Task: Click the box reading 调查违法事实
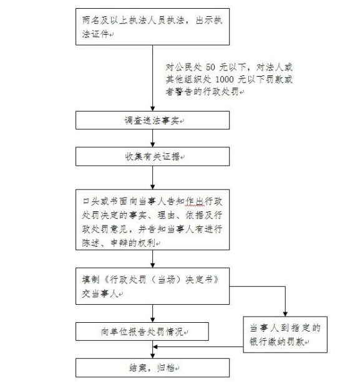click(152, 120)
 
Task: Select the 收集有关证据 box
click(152, 156)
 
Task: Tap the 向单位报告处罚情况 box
click(142, 332)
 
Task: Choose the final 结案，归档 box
click(152, 368)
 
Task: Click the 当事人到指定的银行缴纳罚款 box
click(285, 335)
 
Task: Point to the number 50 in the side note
click(210, 67)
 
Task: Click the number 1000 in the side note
click(225, 79)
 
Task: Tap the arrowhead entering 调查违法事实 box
click(153, 108)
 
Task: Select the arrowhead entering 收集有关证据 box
click(153, 145)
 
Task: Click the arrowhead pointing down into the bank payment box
click(285, 314)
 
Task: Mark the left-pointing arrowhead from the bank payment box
click(155, 346)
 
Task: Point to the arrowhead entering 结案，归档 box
click(153, 356)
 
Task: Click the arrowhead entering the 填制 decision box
click(153, 265)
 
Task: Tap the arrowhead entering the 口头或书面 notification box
click(153, 187)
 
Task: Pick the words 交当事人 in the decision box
click(100, 294)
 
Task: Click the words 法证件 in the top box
click(95, 34)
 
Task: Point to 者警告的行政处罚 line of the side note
click(202, 92)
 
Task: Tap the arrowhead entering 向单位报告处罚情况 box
click(153, 320)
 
